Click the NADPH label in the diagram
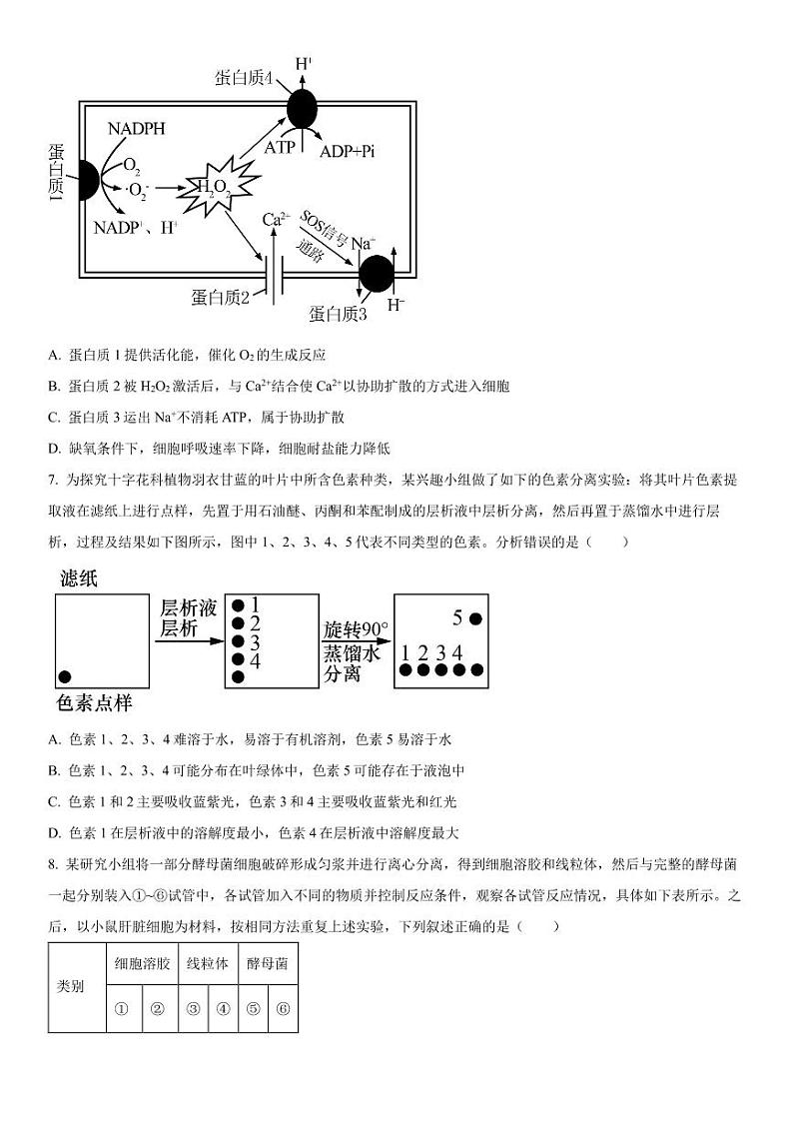[136, 128]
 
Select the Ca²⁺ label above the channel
[276, 219]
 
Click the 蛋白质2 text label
[220, 296]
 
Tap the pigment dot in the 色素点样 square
[66, 676]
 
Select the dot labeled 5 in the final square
[475, 618]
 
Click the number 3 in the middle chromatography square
[255, 641]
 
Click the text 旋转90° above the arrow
[355, 630]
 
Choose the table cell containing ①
[122, 1008]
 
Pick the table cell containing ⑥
[282, 1008]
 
